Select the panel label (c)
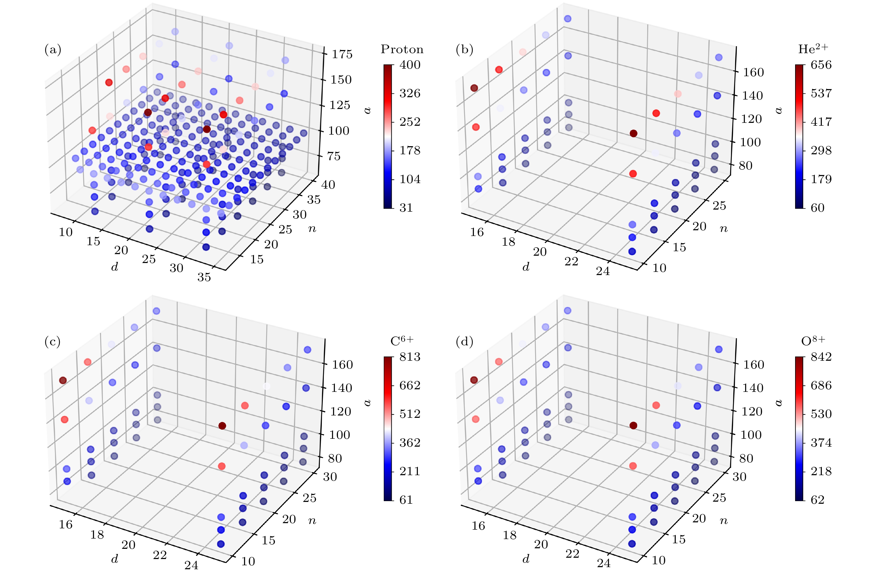52,342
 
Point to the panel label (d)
464,342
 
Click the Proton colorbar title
402,49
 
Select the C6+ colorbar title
402,341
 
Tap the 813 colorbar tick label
410,357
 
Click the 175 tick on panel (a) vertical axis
342,54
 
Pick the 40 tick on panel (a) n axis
328,184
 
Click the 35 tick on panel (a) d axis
204,277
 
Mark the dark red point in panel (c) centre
222,426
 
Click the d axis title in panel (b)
526,267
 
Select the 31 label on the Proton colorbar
406,208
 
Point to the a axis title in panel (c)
367,402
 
